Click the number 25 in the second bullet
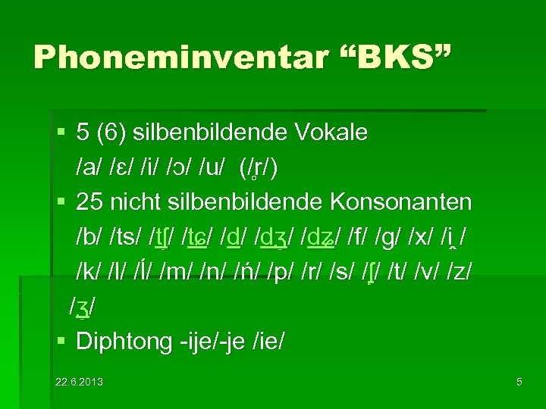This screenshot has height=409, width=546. coord(89,203)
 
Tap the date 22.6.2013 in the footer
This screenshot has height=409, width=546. coord(79,382)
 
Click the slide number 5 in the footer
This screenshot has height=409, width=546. coord(519,382)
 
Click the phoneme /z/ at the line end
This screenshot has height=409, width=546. coord(463,273)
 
